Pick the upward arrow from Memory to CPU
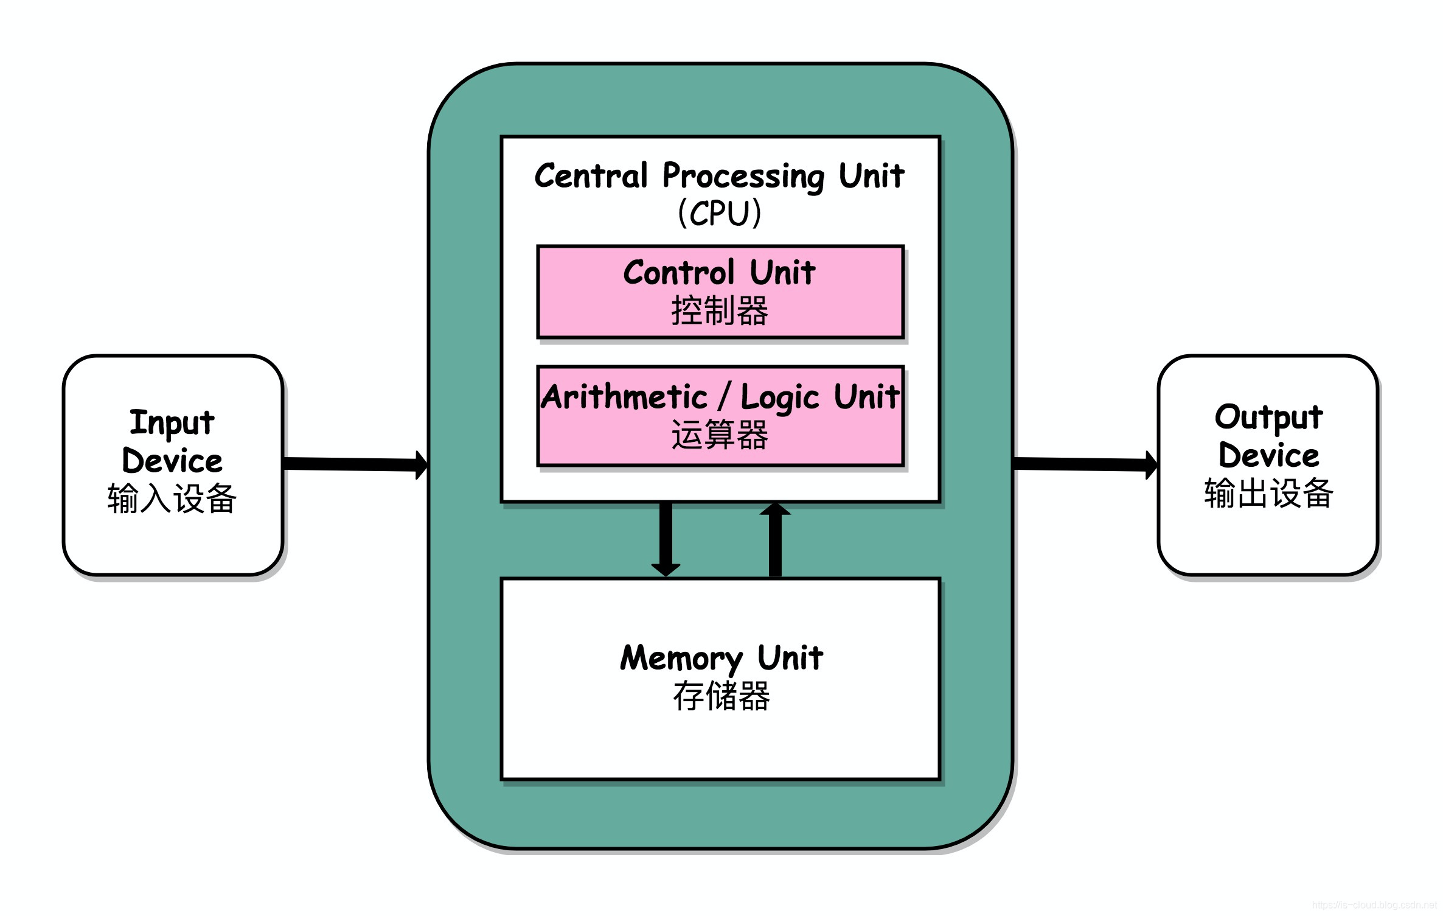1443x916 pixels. click(x=775, y=539)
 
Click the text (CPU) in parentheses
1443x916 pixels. click(x=720, y=213)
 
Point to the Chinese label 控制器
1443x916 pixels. click(x=720, y=311)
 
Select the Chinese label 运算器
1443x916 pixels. click(x=720, y=435)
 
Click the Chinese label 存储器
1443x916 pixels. click(x=721, y=696)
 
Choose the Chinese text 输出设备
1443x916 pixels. click(x=1269, y=494)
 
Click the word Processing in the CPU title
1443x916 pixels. click(x=743, y=177)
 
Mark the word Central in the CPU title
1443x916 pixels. click(x=591, y=176)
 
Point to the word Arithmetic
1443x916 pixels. click(x=625, y=397)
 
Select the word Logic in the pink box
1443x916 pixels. click(x=781, y=398)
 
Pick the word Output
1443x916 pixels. click(x=1269, y=418)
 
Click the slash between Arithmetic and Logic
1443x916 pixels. click(x=724, y=397)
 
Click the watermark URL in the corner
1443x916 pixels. click(x=1375, y=906)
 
